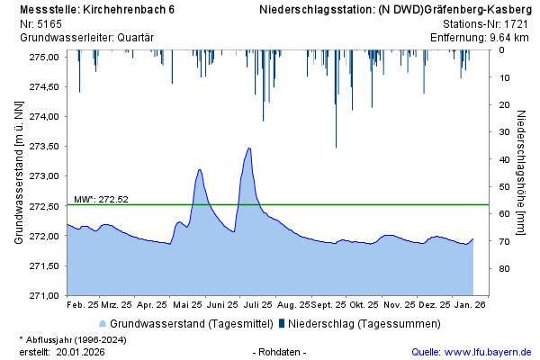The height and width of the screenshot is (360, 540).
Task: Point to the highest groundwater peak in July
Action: coord(248,148)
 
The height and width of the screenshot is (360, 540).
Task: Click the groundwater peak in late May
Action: coord(199,169)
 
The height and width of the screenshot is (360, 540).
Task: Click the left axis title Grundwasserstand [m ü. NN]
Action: coord(19,175)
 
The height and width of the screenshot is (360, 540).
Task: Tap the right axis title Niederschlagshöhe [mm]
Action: coord(521,175)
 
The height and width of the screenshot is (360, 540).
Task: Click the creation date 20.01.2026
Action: coord(80,352)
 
